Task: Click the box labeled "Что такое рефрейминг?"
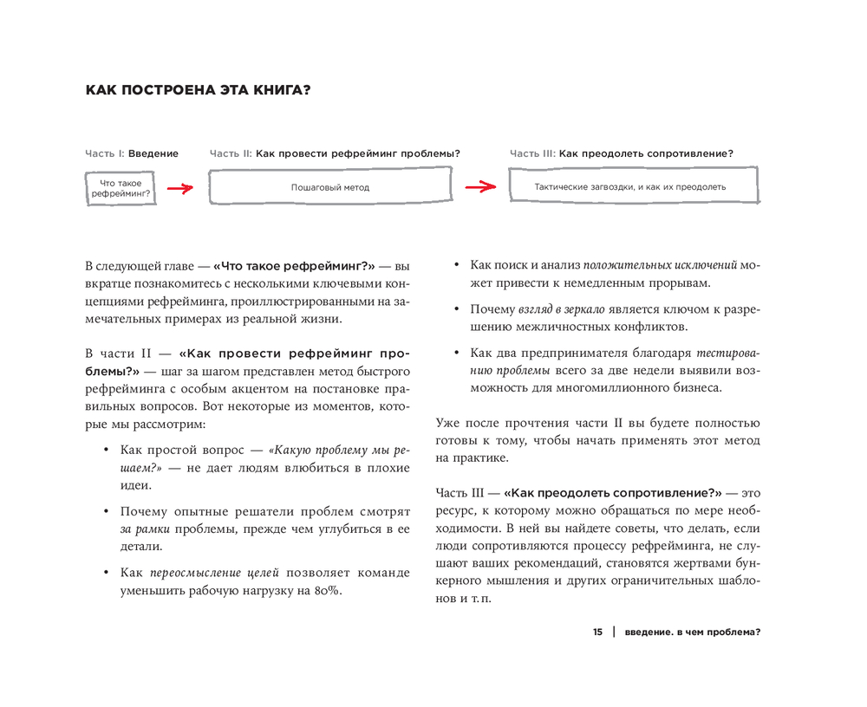click(121, 188)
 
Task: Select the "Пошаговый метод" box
click(329, 187)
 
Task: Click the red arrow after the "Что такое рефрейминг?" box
click(179, 188)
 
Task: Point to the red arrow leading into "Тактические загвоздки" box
click(479, 187)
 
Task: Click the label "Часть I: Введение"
click(132, 153)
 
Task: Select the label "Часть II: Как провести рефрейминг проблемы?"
click(335, 153)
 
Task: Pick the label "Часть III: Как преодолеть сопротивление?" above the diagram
click(622, 153)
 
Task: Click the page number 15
click(598, 632)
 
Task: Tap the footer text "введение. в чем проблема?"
click(692, 632)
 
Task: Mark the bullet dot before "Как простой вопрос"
click(106, 451)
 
